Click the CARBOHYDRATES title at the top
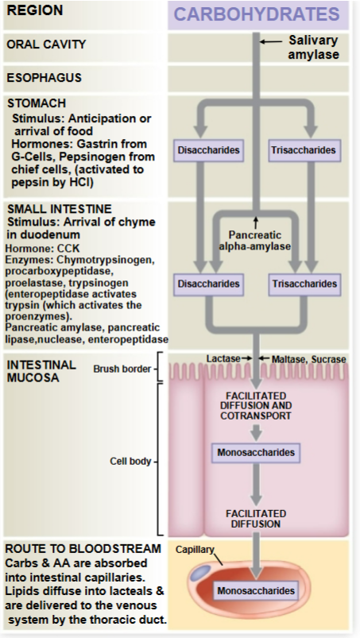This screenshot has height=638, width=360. [257, 15]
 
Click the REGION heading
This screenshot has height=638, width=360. [34, 11]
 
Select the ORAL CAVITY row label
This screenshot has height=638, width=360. [46, 44]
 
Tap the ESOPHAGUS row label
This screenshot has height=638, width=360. [44, 78]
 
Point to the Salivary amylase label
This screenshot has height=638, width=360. [313, 47]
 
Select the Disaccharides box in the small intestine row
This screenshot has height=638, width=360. [208, 284]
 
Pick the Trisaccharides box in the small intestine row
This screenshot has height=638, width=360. [304, 284]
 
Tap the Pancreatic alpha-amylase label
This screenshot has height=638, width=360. [255, 240]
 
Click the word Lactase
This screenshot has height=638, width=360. [223, 359]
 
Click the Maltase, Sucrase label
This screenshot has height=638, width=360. [308, 359]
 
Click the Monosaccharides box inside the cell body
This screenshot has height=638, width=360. [255, 453]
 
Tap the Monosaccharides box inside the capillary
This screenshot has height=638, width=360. [255, 591]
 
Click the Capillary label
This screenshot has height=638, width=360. [195, 549]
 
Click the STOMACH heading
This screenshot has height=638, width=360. [36, 103]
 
